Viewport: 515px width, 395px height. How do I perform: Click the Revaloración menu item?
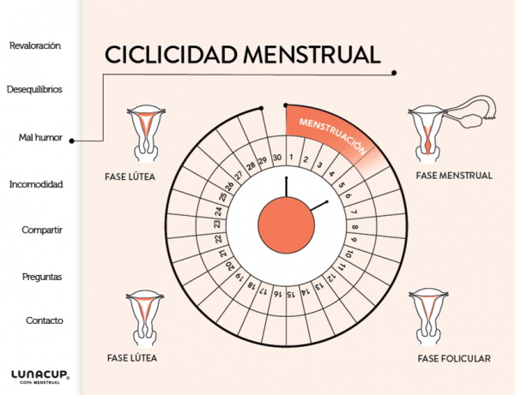point(35,45)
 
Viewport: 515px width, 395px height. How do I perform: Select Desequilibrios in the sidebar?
point(34,89)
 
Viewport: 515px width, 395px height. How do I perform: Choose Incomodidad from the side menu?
point(35,184)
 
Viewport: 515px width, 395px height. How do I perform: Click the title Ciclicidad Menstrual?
point(242,55)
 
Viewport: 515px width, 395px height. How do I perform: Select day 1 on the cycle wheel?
point(293,158)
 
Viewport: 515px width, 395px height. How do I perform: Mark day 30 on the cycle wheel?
point(277,158)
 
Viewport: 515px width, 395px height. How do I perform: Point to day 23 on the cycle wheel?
point(217,224)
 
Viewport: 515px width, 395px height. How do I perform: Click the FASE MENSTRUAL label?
point(452,176)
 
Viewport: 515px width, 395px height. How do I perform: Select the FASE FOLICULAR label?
point(454,358)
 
